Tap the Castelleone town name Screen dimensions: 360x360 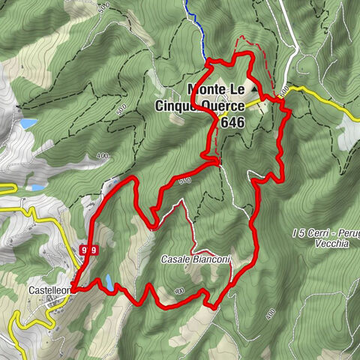pyautogui.click(x=50, y=289)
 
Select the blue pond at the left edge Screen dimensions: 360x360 pyautogui.click(x=28, y=123)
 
